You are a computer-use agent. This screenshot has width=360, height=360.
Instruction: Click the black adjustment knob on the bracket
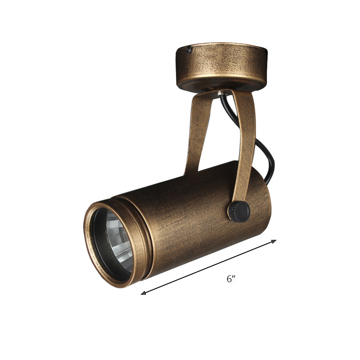click(239, 211)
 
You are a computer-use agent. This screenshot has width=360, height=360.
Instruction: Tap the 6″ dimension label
click(231, 279)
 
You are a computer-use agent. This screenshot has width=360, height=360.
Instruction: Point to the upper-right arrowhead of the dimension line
click(274, 241)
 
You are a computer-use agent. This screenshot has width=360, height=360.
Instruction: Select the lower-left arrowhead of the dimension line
click(144, 292)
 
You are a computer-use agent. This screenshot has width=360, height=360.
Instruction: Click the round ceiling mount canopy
click(221, 67)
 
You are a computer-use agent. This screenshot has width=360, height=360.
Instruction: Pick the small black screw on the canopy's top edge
click(189, 49)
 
